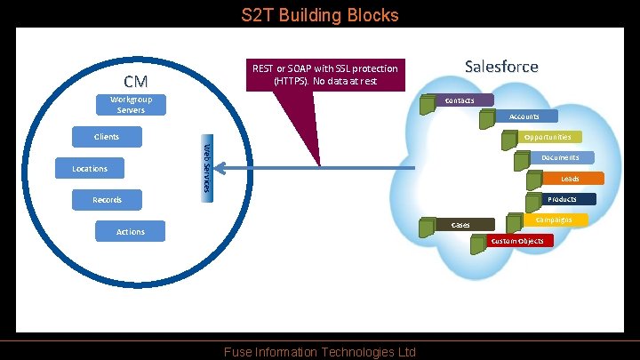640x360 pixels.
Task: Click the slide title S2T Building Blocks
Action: tap(320, 15)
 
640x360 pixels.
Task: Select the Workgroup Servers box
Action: tap(132, 105)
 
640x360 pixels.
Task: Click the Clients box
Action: tap(107, 137)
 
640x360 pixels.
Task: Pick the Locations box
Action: tap(90, 169)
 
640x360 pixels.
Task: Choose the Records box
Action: tap(107, 200)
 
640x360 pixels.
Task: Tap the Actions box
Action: tap(131, 232)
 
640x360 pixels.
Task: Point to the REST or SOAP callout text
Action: tap(325, 75)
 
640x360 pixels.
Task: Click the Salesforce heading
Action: tap(501, 67)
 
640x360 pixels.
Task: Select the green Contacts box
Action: tap(460, 100)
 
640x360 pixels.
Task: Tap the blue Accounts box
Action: tap(524, 116)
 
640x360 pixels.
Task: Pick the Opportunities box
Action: tap(548, 137)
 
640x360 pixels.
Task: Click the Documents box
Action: tap(561, 157)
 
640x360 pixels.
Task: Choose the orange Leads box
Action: tap(570, 179)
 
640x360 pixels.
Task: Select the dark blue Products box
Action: tap(563, 200)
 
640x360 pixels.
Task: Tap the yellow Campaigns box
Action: tap(554, 220)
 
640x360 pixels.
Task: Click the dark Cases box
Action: tap(461, 225)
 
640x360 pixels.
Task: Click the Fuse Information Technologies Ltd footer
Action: tap(320, 352)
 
